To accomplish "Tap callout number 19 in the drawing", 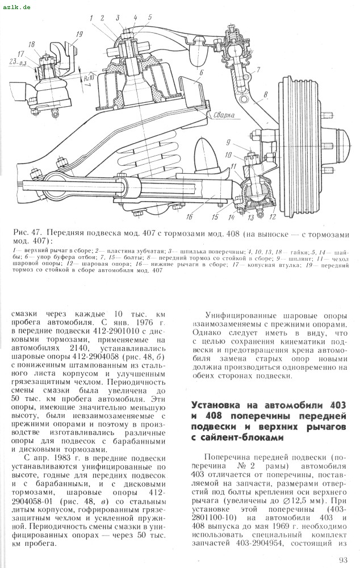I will coord(78,35).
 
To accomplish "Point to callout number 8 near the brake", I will coord(265,94).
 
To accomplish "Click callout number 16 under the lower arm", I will coord(189,216).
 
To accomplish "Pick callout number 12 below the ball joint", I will coord(273,216).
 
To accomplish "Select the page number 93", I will coord(342,560).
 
